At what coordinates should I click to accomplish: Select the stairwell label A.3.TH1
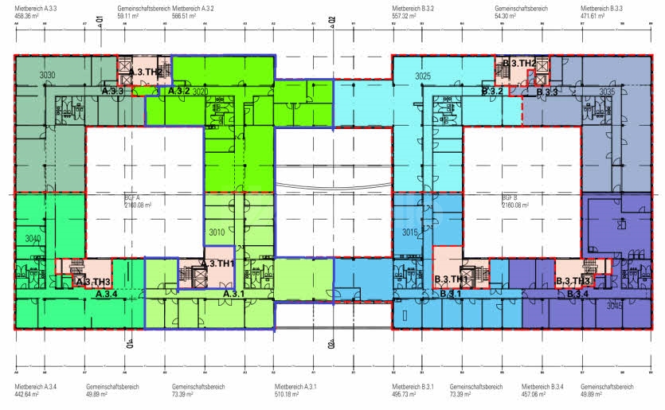tap(217, 264)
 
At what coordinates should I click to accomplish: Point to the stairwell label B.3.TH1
tap(451, 280)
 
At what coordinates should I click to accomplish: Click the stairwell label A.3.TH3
tap(93, 282)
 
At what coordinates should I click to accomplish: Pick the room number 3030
tap(47, 75)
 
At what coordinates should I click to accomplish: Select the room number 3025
tap(423, 76)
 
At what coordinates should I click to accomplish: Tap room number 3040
tap(33, 238)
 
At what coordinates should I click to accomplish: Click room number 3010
tap(216, 233)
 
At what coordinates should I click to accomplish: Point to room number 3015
tap(410, 232)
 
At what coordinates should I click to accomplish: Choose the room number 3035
tap(607, 92)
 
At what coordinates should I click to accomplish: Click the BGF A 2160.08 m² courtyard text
tap(132, 201)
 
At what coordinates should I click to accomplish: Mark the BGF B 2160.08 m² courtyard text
tap(510, 201)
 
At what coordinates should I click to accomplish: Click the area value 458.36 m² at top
tap(27, 15)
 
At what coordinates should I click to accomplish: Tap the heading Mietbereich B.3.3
tap(601, 8)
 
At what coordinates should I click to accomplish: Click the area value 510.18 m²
tap(287, 393)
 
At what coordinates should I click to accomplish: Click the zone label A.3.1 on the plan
tap(233, 295)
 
